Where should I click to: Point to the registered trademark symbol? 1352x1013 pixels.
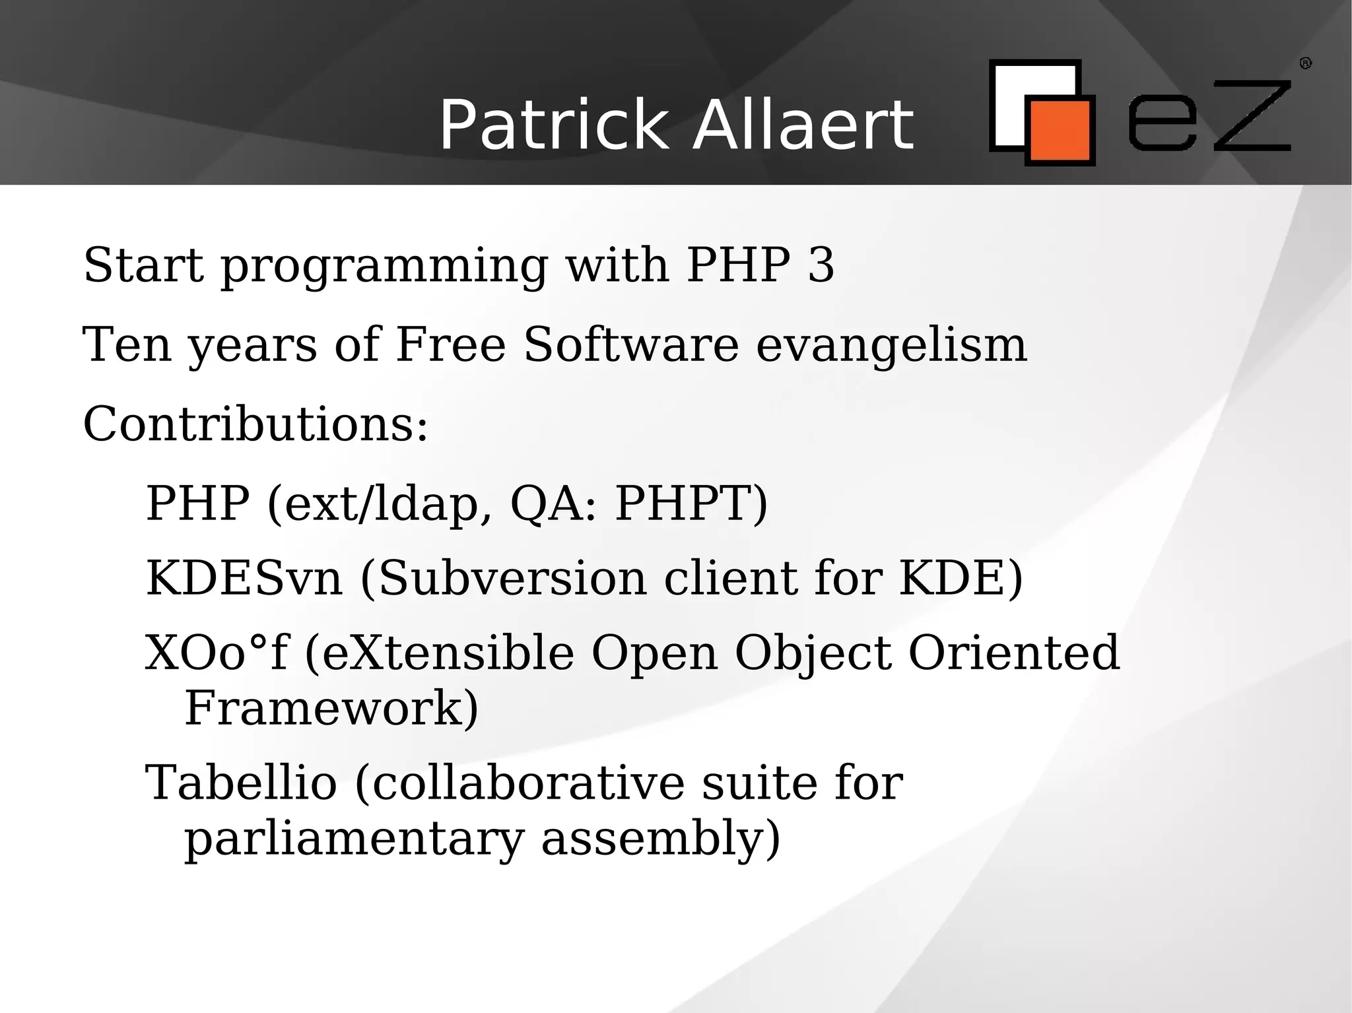[x=1305, y=63]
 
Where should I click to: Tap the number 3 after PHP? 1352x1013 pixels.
[x=821, y=265]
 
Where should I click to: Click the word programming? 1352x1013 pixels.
[x=384, y=267]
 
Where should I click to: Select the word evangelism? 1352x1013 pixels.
[x=891, y=346]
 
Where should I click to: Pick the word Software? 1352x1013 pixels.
[x=630, y=344]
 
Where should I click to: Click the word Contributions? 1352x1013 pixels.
[x=255, y=424]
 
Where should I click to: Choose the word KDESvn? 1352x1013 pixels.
[x=244, y=579]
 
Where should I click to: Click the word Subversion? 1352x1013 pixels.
[x=512, y=579]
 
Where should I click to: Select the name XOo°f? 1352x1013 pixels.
[x=217, y=653]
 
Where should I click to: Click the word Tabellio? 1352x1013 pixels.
[x=241, y=783]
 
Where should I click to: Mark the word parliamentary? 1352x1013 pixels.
[x=354, y=839]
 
